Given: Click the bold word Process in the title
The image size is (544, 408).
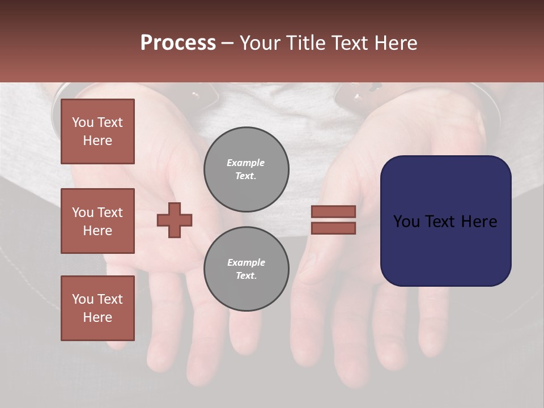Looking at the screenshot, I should click(178, 43).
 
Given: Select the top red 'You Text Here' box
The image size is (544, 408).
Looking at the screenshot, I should click(97, 131).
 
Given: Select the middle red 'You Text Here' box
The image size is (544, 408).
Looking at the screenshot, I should click(97, 221).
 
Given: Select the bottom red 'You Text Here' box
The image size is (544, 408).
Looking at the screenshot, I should click(97, 308).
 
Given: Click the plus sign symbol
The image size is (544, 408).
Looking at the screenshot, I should click(175, 220).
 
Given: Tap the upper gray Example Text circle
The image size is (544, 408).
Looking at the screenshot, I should click(246, 169).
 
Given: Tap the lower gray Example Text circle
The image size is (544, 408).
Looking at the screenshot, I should click(246, 269).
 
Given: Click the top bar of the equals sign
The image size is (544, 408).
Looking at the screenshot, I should click(333, 211).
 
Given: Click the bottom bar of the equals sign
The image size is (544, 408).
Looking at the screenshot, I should click(333, 228).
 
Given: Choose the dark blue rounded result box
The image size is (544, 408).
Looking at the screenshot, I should click(445, 249).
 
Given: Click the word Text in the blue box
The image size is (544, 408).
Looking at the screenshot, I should click(445, 222).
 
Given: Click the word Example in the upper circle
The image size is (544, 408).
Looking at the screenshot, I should click(246, 163).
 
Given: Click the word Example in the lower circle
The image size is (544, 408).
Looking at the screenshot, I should click(246, 262).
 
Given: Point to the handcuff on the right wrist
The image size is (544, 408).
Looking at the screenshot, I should click(363, 93).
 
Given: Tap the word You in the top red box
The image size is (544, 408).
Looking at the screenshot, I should click(82, 122).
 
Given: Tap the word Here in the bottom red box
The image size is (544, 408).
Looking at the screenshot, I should click(97, 317).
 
